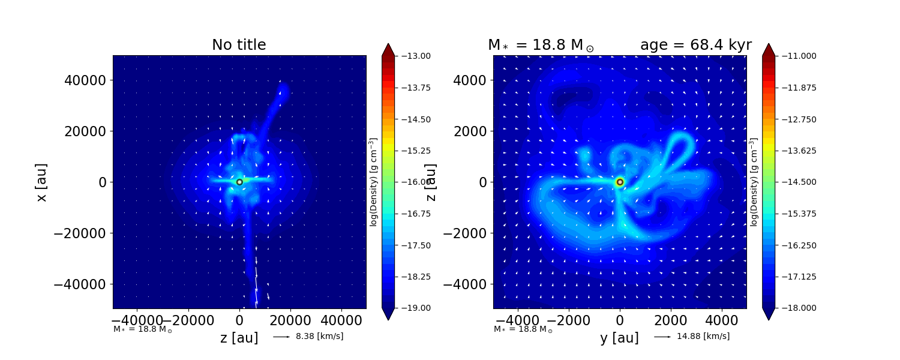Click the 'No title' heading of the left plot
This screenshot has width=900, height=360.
pyautogui.click(x=239, y=45)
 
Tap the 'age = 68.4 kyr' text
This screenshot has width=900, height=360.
pyautogui.click(x=695, y=45)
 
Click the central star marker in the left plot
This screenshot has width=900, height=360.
pyautogui.click(x=239, y=182)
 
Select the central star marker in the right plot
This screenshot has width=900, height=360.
pyautogui.click(x=620, y=182)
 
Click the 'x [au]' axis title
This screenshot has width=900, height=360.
pyautogui.click(x=41, y=182)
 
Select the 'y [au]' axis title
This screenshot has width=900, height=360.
pyautogui.click(x=619, y=338)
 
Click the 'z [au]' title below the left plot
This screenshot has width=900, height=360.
pyautogui.click(x=239, y=338)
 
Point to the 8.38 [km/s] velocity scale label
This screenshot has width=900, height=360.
pyautogui.click(x=319, y=337)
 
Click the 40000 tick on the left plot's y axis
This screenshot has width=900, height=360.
pyautogui.click(x=85, y=81)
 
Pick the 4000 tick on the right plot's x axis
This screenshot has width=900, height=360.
pyautogui.click(x=722, y=320)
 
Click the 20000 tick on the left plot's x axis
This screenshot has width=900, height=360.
pyautogui.click(x=290, y=320)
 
